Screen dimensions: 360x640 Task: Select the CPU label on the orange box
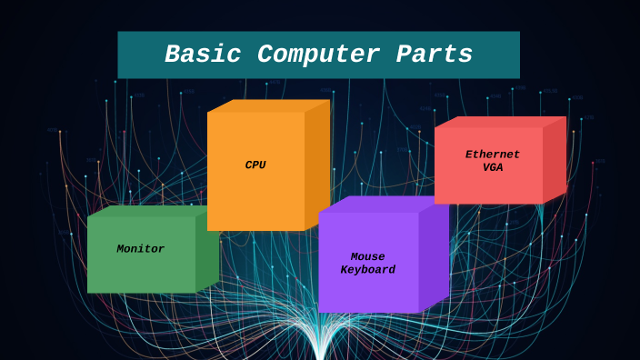point(255,165)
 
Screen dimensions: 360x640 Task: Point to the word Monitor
point(140,249)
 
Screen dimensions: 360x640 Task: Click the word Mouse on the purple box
point(367,257)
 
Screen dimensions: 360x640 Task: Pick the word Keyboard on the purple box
point(367,270)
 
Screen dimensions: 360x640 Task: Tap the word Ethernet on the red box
point(492,155)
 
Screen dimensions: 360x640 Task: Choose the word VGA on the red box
point(492,167)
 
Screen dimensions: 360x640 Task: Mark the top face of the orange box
point(267,105)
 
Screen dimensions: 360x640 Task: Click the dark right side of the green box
point(207,253)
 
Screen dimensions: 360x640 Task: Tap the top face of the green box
point(145,211)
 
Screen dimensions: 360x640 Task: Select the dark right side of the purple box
point(434,259)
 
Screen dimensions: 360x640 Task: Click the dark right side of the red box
point(555,160)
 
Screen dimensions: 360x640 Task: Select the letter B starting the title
point(172,55)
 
